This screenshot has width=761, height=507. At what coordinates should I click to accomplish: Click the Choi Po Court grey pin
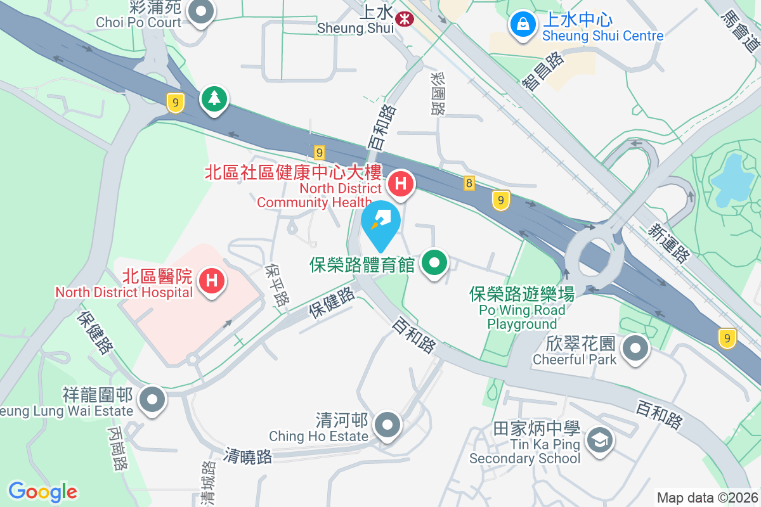tap(200, 12)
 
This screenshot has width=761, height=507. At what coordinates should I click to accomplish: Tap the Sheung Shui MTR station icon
tap(402, 20)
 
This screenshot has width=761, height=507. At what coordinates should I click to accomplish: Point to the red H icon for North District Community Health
tap(401, 184)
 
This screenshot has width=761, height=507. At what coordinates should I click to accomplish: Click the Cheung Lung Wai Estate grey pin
tap(152, 400)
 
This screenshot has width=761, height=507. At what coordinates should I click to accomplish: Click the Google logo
tap(43, 492)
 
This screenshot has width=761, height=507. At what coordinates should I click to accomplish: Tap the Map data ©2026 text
tap(707, 497)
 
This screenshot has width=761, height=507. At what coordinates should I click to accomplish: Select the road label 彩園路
tap(437, 93)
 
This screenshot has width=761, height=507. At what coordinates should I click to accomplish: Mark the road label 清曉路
tap(247, 456)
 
